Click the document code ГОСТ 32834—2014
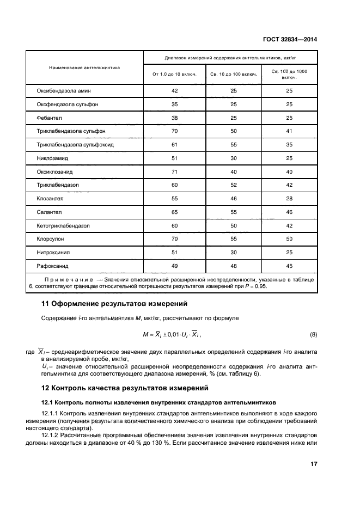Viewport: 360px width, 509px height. pyautogui.click(x=289, y=39)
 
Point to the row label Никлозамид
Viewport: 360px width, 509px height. pyautogui.click(x=52, y=158)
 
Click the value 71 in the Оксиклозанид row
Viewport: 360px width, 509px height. pyautogui.click(x=174, y=171)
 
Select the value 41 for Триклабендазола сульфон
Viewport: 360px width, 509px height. pyautogui.click(x=289, y=131)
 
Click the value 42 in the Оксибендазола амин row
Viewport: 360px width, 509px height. pyautogui.click(x=174, y=90)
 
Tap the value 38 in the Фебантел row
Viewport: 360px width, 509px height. pyautogui.click(x=174, y=118)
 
